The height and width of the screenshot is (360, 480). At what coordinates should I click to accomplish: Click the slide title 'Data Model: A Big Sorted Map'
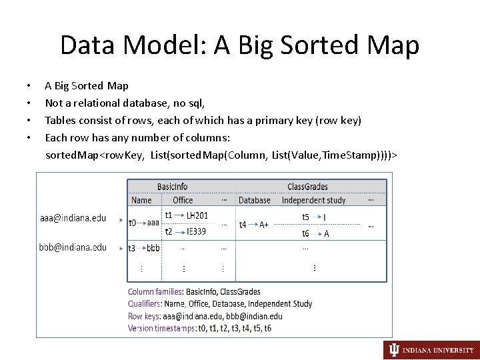(240, 45)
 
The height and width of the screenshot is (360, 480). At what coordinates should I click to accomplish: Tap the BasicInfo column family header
(172, 187)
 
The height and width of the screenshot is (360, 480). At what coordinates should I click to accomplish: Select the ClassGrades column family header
(307, 187)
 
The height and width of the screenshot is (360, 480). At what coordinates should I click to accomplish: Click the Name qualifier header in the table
(141, 200)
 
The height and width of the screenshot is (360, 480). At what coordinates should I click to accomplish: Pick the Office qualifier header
(183, 200)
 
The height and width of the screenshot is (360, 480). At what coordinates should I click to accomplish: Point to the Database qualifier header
(255, 200)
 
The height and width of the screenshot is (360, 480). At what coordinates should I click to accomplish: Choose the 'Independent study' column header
(313, 200)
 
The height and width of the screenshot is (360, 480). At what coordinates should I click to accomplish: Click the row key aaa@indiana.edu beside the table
(73, 218)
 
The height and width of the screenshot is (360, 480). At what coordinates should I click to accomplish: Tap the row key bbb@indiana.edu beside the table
(73, 247)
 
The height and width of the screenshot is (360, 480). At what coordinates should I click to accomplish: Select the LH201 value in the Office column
(197, 215)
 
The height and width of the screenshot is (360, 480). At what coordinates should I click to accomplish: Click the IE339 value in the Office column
(196, 231)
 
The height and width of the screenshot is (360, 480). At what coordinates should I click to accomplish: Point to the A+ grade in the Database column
(265, 225)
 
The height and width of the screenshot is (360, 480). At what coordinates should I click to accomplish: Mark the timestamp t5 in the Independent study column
(305, 217)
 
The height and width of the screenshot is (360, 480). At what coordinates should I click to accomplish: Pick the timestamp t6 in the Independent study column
(305, 234)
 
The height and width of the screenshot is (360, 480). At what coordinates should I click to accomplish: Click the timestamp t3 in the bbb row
(132, 248)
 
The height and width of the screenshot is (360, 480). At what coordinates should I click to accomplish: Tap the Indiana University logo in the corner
(431, 349)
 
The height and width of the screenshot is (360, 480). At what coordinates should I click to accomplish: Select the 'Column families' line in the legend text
(194, 292)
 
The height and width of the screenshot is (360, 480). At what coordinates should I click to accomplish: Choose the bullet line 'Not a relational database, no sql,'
(125, 103)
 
